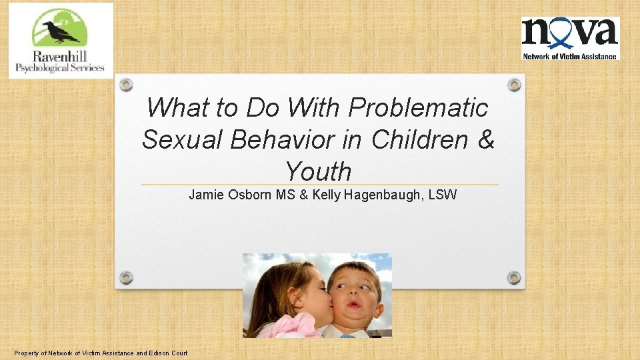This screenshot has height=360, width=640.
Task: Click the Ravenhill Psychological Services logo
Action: click(x=61, y=41)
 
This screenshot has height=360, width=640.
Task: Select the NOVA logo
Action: click(x=570, y=38)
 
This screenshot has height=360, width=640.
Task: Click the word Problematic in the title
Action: click(x=419, y=107)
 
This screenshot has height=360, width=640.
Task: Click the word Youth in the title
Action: click(x=318, y=171)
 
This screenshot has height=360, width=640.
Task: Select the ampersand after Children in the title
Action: click(x=486, y=139)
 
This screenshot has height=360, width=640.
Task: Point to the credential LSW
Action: click(x=442, y=195)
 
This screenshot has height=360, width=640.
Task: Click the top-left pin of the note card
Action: click(x=126, y=85)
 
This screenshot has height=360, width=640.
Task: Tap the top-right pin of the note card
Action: click(x=514, y=85)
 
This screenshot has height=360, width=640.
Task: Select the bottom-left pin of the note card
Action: click(x=126, y=277)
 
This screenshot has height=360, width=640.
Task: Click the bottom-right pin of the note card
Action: click(x=514, y=277)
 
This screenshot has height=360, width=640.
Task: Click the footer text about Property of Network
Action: click(x=100, y=353)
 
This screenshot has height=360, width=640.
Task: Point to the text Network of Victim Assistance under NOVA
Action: click(x=570, y=56)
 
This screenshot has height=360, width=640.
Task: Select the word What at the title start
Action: click(x=173, y=107)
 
